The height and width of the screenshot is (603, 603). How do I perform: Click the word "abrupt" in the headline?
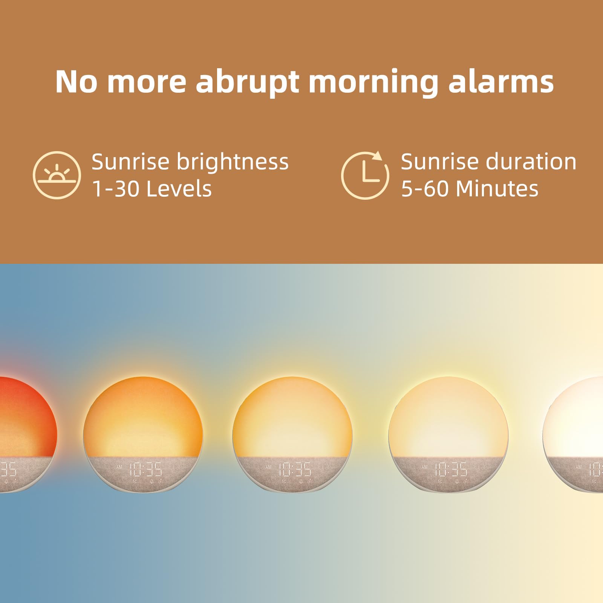[x=248, y=82]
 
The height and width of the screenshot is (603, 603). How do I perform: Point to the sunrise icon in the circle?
[x=57, y=175]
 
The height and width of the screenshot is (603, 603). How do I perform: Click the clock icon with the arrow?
[x=365, y=175]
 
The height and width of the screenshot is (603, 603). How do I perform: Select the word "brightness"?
[x=233, y=162]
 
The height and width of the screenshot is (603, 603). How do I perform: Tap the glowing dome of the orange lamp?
[x=143, y=415]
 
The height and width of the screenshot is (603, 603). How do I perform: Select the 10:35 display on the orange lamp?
[x=146, y=470]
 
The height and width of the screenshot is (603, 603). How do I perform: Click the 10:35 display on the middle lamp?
[x=295, y=470]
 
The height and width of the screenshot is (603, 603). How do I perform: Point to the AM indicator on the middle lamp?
[x=268, y=467]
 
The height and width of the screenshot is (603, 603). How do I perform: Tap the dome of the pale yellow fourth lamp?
[x=448, y=415]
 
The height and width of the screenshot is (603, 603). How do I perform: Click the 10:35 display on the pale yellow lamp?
[x=451, y=470]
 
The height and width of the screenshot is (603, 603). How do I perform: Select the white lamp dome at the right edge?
[x=577, y=415]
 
